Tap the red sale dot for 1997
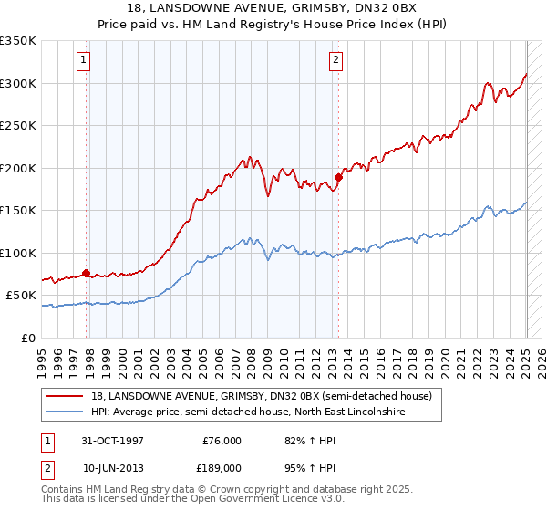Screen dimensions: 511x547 pos(87,273)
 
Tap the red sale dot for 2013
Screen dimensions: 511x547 pos(338,177)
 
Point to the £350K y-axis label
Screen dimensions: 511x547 pos(18,41)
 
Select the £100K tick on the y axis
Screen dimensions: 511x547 pos(18,253)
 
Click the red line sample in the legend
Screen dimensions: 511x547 pos(65,396)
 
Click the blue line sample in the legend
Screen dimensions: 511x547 pos(65,412)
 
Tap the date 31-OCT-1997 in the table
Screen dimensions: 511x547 pos(113,441)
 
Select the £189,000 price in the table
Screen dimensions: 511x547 pos(222,467)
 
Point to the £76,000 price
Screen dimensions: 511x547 pos(222,441)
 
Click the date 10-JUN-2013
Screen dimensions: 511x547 pos(113,467)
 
